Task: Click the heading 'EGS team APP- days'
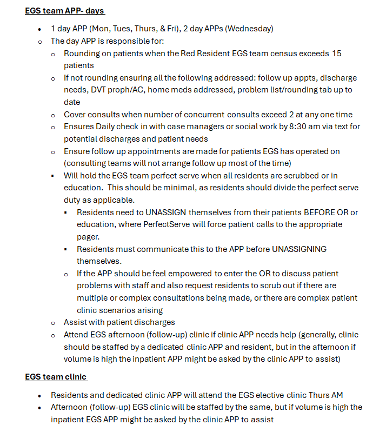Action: point(65,11)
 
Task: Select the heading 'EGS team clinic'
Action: point(56,376)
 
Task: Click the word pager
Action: point(88,236)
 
